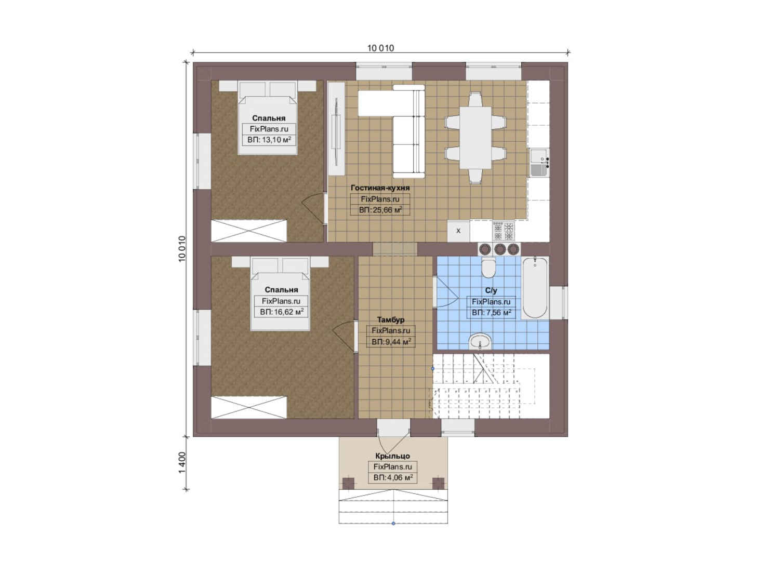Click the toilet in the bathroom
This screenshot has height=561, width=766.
click(488, 268)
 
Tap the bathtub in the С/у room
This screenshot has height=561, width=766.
click(535, 288)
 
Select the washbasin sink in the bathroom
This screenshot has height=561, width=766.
click(480, 341)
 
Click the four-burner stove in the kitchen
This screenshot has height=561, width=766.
click(503, 231)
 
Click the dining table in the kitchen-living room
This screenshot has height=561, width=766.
click(475, 138)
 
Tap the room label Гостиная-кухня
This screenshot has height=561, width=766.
click(380, 188)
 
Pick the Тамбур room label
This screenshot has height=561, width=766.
click(390, 319)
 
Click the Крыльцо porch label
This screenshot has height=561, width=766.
click(392, 456)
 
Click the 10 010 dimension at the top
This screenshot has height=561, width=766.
click(380, 48)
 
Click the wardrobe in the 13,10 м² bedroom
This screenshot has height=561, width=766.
click(248, 231)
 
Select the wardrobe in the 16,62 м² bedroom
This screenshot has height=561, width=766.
click(248, 407)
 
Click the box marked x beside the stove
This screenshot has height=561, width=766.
click(458, 231)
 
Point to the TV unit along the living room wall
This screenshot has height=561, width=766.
click(337, 129)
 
